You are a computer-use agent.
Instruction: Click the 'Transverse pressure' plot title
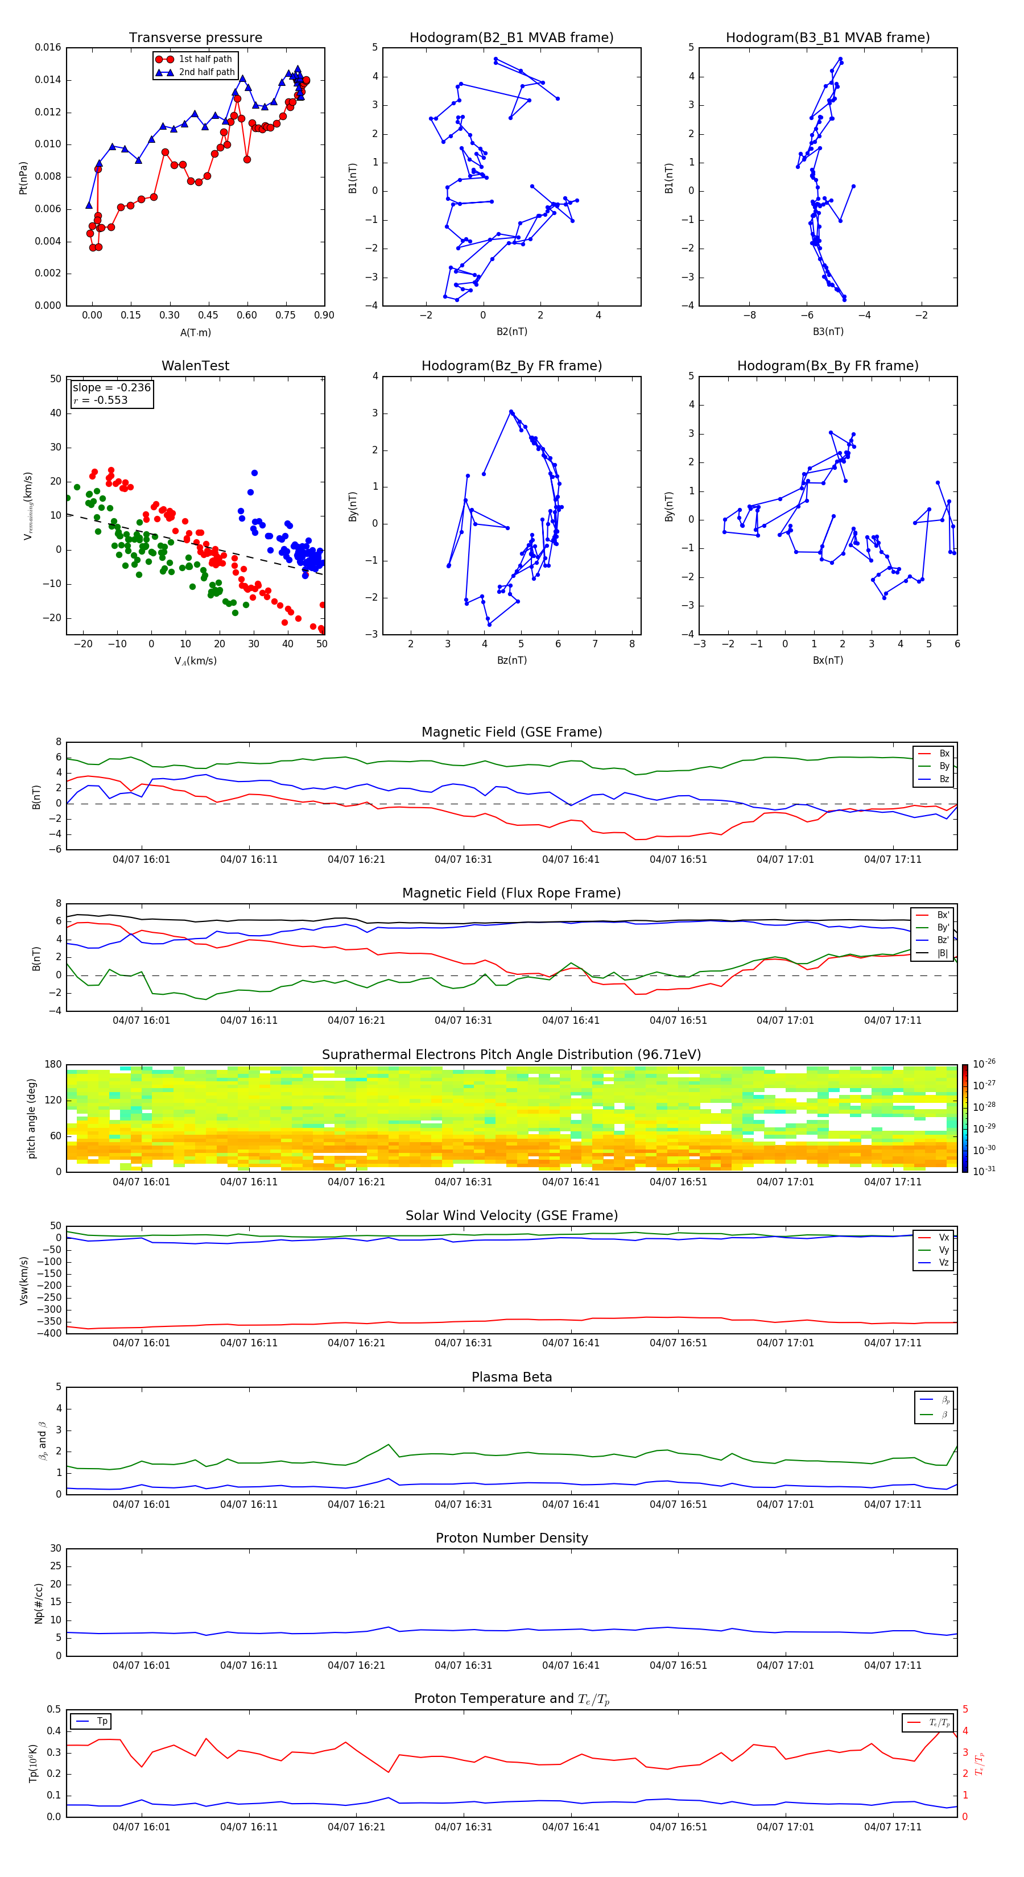[x=195, y=38]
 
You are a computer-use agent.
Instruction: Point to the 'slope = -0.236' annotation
[x=112, y=388]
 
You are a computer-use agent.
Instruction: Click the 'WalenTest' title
[x=195, y=366]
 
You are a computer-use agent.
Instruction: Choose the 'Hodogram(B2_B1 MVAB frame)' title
[x=511, y=38]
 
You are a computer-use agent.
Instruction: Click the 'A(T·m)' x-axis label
[x=195, y=332]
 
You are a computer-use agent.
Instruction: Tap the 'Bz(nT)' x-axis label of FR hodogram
[x=511, y=660]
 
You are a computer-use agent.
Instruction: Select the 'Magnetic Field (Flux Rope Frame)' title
[x=511, y=894]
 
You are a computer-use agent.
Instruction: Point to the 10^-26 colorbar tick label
[x=984, y=1064]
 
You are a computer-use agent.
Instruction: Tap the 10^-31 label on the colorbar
[x=984, y=1170]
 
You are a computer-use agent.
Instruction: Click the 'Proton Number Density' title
[x=511, y=1538]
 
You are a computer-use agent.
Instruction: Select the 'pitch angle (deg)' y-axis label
[x=31, y=1118]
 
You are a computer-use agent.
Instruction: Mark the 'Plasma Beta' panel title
[x=511, y=1377]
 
